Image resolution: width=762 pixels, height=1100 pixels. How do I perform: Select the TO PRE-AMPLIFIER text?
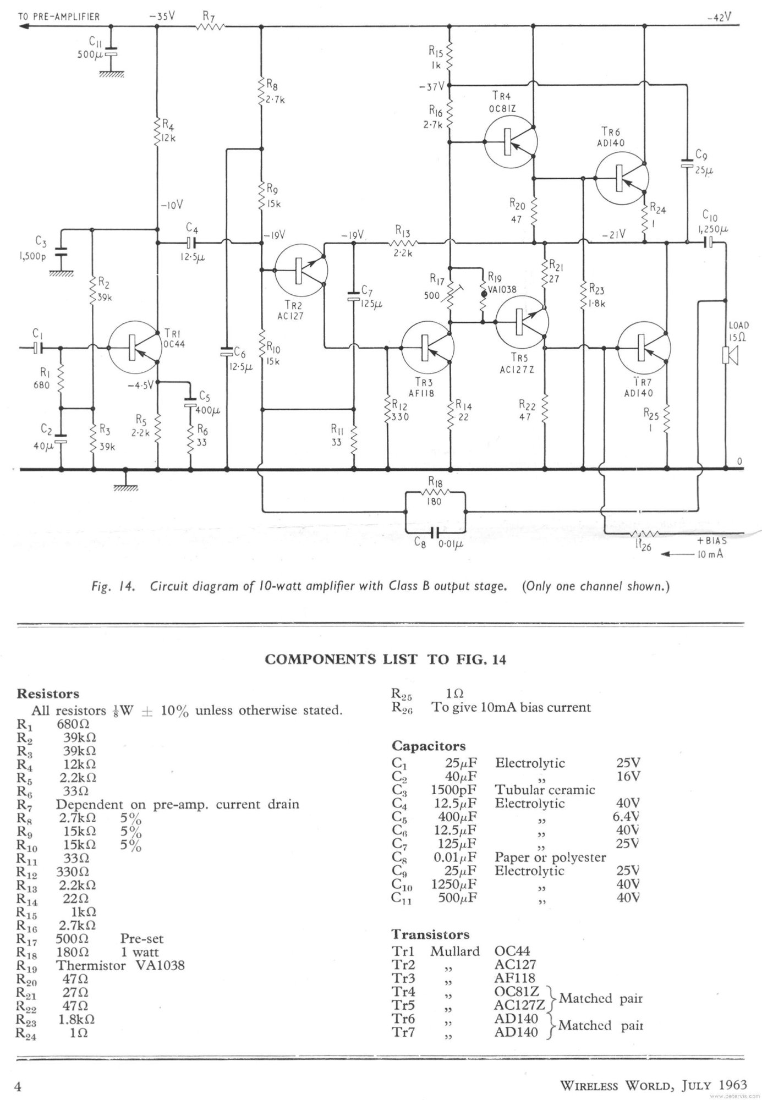59,16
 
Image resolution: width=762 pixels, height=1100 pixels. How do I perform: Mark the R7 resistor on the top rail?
211,26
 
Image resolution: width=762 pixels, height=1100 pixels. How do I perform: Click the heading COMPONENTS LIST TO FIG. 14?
385,659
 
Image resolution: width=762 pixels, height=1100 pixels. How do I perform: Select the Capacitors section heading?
428,746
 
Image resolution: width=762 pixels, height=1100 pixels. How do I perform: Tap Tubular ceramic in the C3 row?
544,790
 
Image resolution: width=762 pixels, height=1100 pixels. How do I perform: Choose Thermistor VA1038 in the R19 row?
120,965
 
